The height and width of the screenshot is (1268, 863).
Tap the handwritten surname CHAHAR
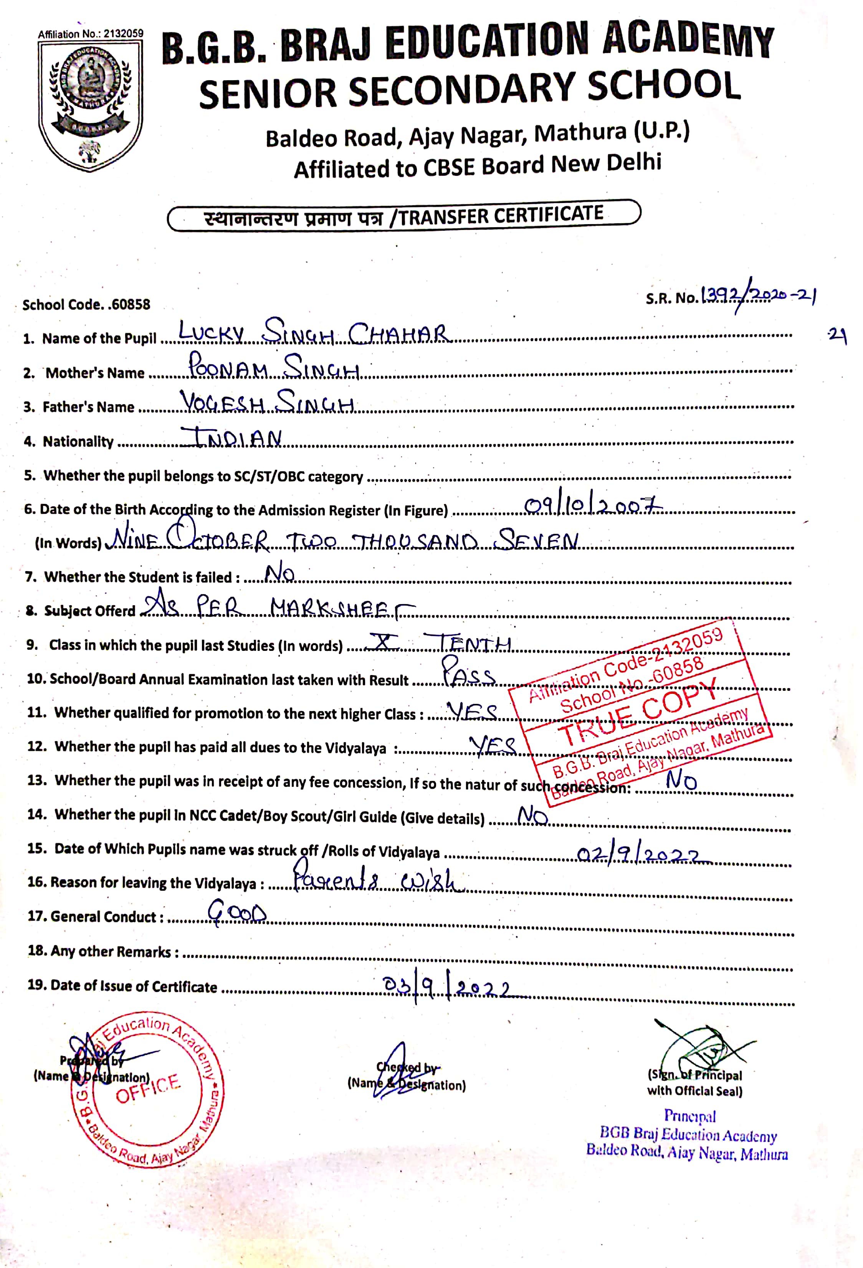pos(400,334)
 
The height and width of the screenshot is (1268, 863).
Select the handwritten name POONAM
pos(228,367)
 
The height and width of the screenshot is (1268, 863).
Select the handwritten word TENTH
pos(474,644)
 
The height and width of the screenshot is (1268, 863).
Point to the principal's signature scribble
pos(704,1047)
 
